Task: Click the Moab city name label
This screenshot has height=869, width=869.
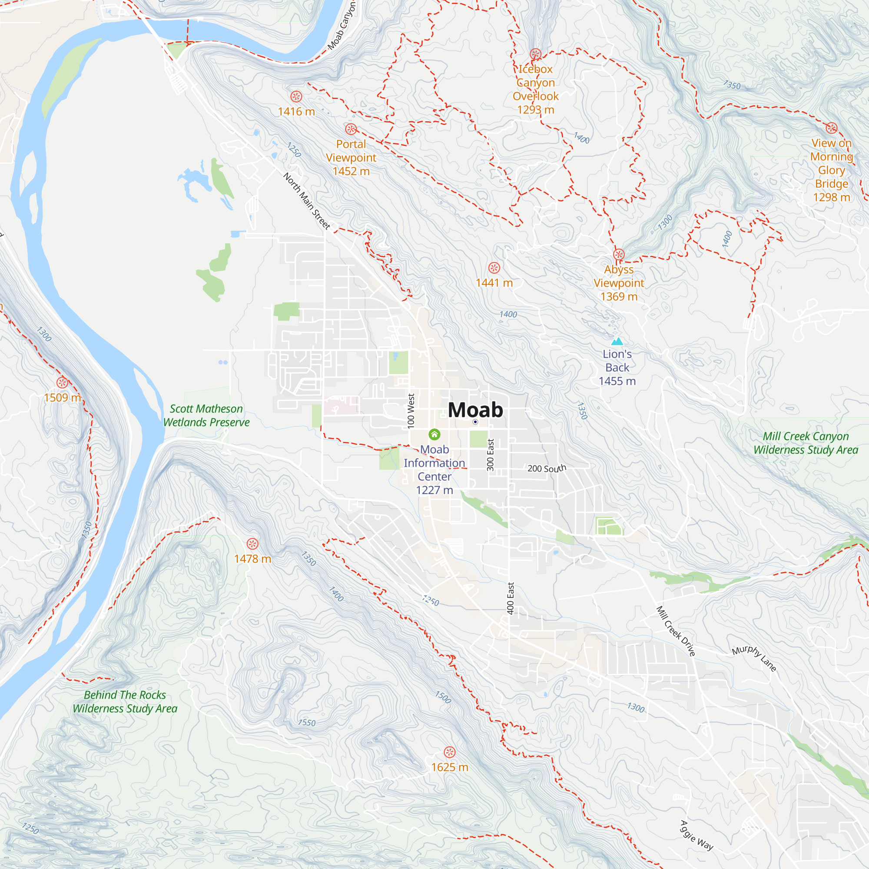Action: (x=475, y=410)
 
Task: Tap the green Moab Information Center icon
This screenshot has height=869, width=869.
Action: (x=434, y=434)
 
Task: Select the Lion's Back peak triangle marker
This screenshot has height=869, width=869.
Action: (x=617, y=342)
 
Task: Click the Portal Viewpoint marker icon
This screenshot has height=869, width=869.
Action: (x=351, y=129)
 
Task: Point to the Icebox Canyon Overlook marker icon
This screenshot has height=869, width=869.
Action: (x=535, y=54)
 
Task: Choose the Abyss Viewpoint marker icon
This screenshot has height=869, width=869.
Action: (x=619, y=255)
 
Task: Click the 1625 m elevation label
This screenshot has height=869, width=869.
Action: (x=449, y=767)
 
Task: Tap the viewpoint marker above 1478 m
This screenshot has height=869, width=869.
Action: (x=252, y=544)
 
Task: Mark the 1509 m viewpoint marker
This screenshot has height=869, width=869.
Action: (x=62, y=382)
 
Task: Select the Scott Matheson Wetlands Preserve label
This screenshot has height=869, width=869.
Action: (x=206, y=415)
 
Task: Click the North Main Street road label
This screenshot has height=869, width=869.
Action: (x=307, y=201)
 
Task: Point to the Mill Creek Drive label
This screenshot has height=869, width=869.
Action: (x=676, y=631)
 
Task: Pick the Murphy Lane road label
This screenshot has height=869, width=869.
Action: (x=754, y=658)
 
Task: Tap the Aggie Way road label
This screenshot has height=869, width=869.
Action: (x=696, y=835)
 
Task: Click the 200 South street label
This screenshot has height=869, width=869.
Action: (x=547, y=468)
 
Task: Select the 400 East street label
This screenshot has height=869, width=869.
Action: (x=510, y=598)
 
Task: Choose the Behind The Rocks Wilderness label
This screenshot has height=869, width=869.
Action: (x=125, y=702)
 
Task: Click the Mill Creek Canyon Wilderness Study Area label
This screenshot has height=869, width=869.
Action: (x=806, y=443)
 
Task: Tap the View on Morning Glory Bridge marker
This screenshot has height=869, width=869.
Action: (x=831, y=128)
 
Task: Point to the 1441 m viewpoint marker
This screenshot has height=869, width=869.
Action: (x=494, y=268)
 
